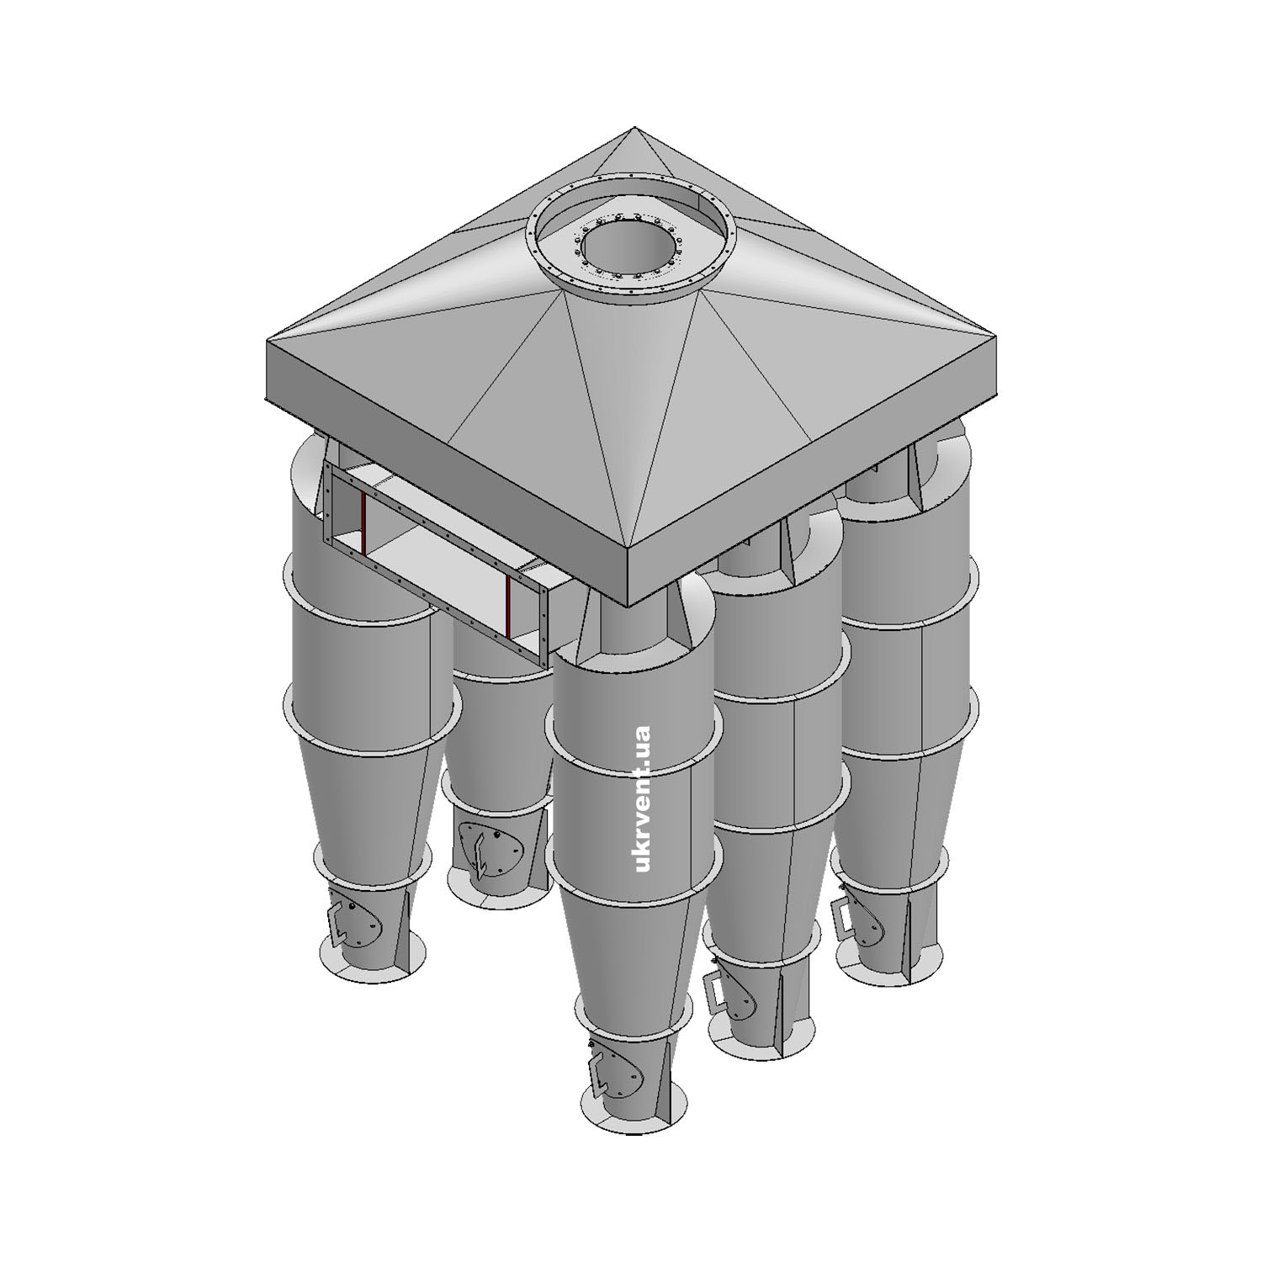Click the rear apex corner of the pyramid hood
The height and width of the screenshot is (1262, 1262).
(x=634, y=128)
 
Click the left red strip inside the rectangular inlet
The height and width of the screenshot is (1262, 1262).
(x=363, y=526)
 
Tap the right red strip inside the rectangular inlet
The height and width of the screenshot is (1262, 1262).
(x=509, y=607)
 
